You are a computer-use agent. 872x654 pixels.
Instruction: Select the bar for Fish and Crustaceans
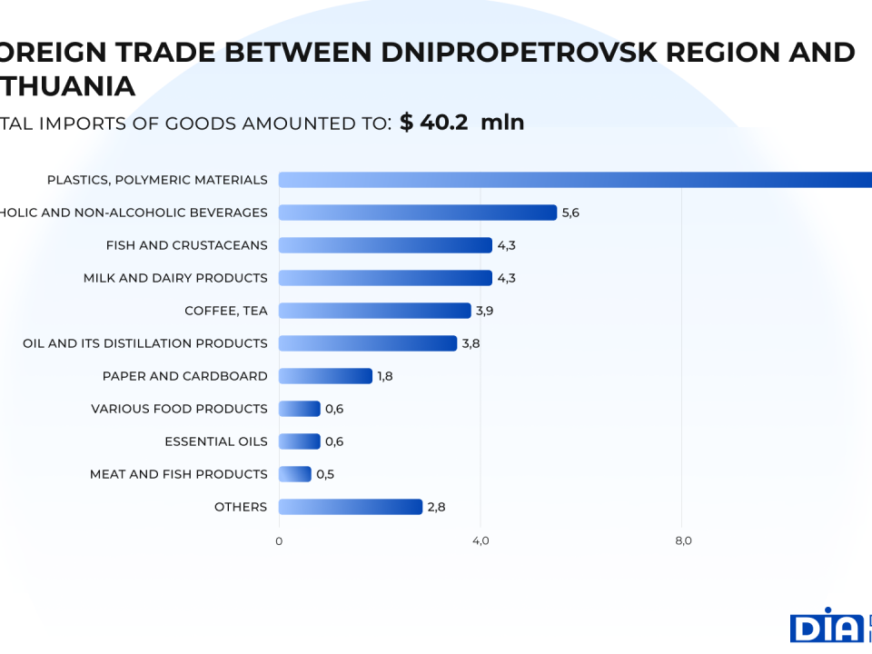pos(385,245)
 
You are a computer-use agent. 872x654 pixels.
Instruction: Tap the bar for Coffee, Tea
pos(374,311)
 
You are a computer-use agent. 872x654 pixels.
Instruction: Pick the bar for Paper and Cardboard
pos(325,376)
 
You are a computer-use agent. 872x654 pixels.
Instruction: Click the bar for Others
pos(351,507)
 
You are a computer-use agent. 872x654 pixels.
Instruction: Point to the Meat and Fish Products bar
pos(295,474)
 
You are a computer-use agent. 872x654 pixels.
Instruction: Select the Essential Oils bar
pos(300,441)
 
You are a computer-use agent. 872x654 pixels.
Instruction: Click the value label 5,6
pos(570,213)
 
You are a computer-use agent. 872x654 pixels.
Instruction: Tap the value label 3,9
pos(485,311)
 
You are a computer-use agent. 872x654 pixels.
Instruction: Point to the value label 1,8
pos(385,376)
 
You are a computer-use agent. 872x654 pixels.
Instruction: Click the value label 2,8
pos(436,507)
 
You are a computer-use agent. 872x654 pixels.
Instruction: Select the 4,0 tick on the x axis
pos(481,541)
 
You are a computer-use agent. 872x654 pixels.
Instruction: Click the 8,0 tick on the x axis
pos(684,541)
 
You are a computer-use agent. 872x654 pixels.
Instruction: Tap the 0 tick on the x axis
pos(279,541)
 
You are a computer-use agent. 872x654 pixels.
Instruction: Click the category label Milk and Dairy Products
pos(175,278)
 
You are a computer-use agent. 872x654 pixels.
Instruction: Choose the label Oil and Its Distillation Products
pos(145,343)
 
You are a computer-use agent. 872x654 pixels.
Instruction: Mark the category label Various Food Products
pos(179,409)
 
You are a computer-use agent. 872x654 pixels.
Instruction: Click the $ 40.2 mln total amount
pos(461,123)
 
